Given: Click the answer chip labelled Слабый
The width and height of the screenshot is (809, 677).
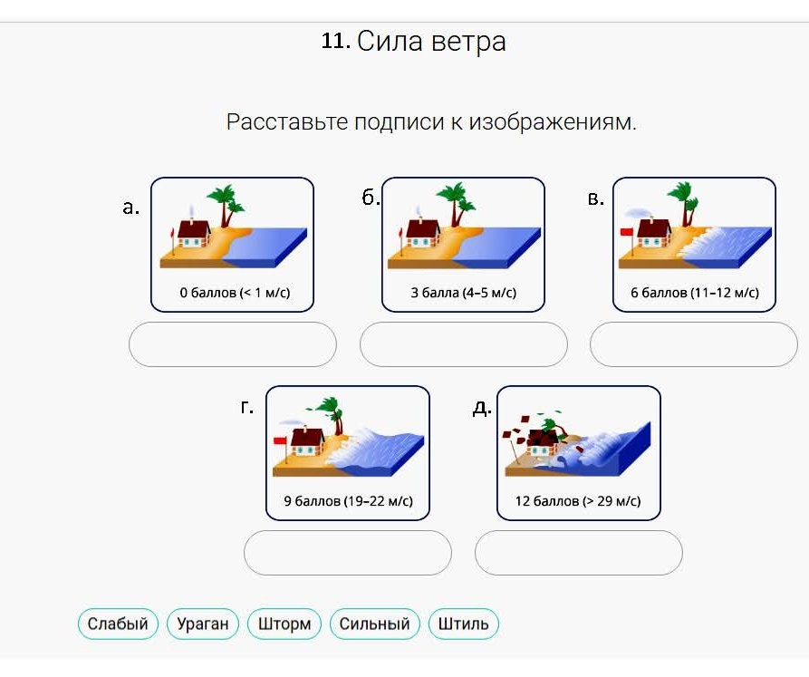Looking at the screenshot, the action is coord(118,624).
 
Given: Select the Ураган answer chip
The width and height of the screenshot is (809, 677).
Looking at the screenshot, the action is coord(203,624).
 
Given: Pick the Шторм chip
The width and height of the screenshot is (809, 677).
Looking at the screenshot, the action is coord(284,624).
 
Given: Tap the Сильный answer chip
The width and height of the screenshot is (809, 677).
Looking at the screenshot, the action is coord(374,624).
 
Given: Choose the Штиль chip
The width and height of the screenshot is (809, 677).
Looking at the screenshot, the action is coord(463,624).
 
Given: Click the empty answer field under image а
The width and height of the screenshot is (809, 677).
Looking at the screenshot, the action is coord(233,344).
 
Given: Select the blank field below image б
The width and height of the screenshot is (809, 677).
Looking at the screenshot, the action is coord(463,344).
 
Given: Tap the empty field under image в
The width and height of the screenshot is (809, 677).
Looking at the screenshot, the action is coord(694,344).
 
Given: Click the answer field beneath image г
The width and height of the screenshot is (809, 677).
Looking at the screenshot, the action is coord(348,553).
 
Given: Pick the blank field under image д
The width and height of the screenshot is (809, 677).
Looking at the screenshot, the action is coord(578,553).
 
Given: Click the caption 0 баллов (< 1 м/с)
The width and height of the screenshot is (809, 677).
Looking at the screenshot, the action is coord(235,293).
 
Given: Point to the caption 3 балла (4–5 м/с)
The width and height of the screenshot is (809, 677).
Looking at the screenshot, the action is coord(463,293).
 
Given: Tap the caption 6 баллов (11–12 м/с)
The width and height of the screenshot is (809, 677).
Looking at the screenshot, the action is coord(695,293).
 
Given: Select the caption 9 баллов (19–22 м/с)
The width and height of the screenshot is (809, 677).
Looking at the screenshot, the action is coord(348,501).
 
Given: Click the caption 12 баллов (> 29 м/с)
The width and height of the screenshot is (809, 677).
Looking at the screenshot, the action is coord(578,501).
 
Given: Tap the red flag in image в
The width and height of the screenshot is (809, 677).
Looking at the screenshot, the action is coord(626,232).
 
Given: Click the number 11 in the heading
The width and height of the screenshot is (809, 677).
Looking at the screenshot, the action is coord(335,41).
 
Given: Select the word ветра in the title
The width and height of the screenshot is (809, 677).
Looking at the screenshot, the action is coord(468,42).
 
